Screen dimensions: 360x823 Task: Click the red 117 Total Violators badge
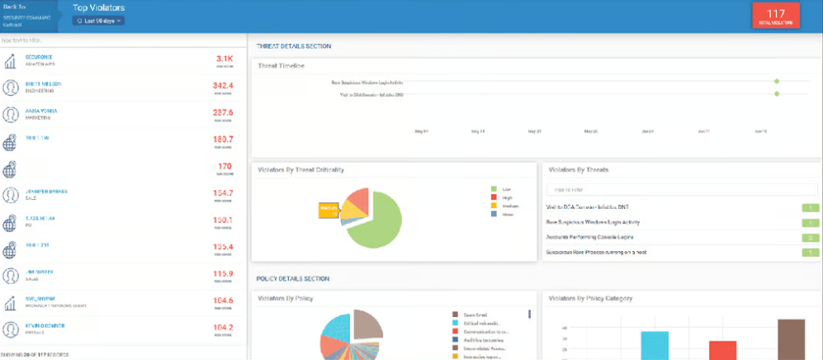(775, 17)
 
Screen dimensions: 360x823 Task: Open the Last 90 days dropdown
(98, 21)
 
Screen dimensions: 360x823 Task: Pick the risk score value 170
(225, 166)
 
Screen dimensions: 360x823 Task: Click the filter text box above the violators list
(122, 40)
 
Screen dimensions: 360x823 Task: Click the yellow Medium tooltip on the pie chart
(329, 210)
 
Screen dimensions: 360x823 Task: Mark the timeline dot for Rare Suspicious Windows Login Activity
(777, 82)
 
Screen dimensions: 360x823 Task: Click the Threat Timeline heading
(281, 65)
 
